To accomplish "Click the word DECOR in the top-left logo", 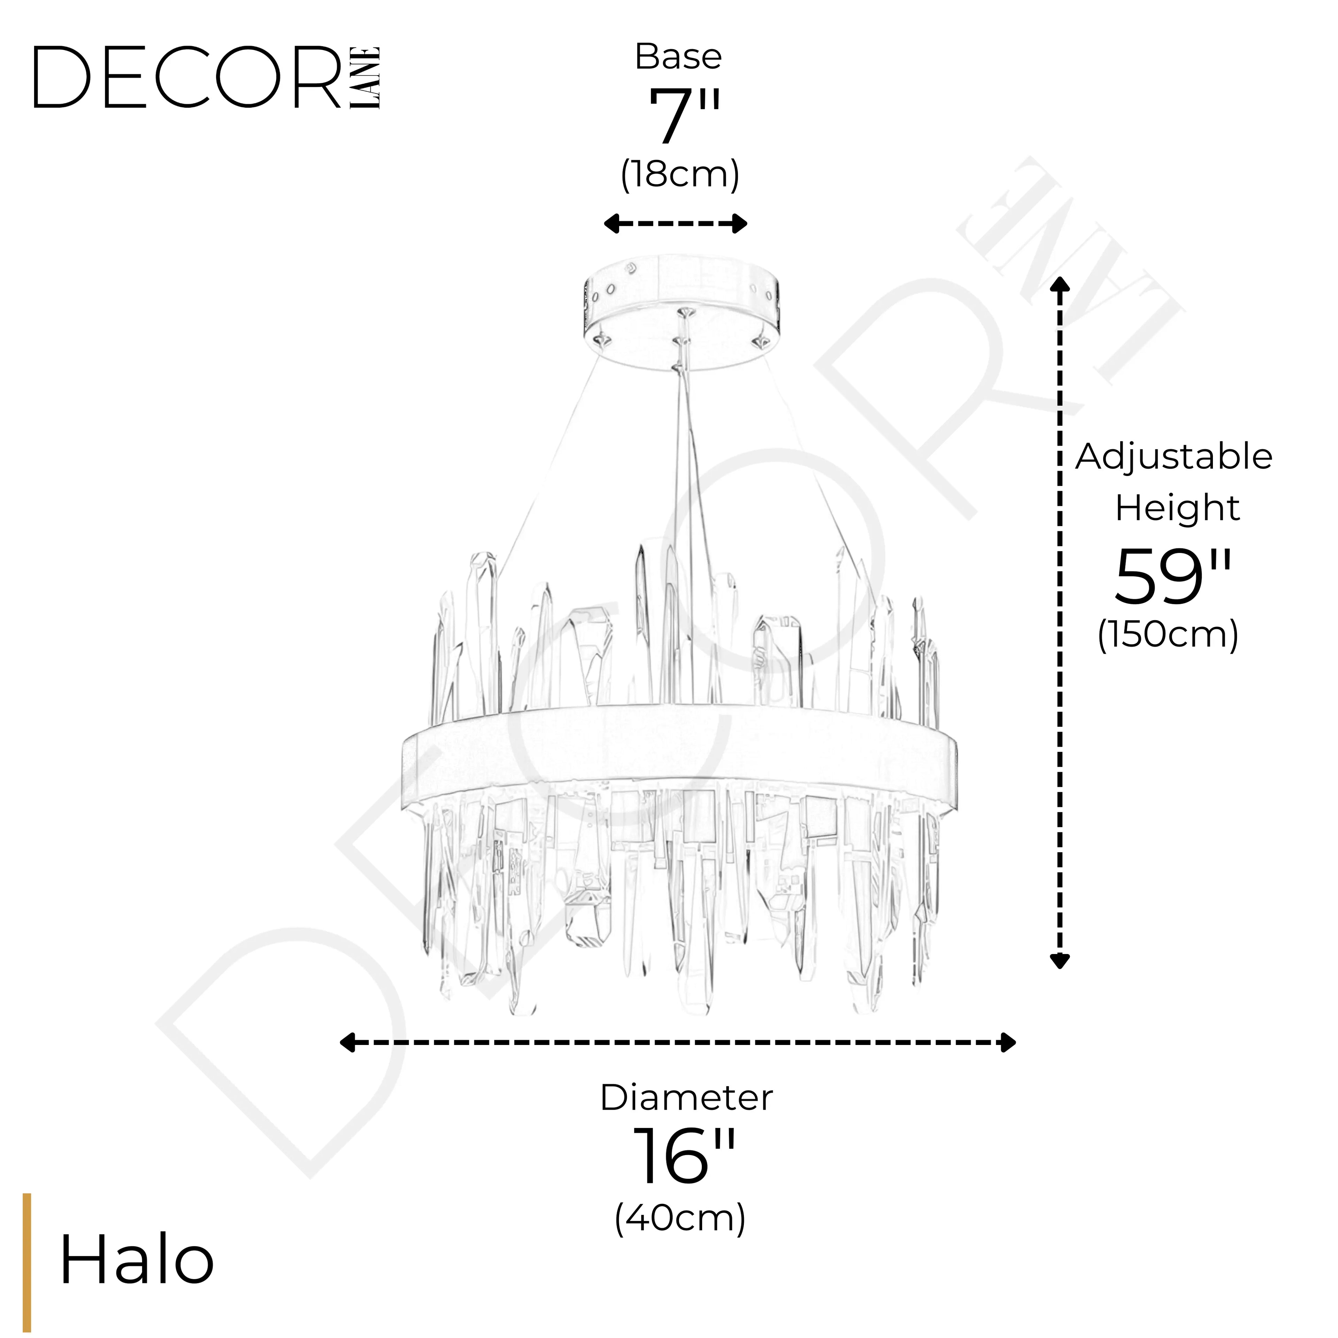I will pos(187,78).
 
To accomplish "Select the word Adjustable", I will pos(1173,457).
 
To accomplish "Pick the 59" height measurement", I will pos(1173,576).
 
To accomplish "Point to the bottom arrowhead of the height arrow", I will pos(1060,961).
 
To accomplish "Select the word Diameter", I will pos(686,1098).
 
